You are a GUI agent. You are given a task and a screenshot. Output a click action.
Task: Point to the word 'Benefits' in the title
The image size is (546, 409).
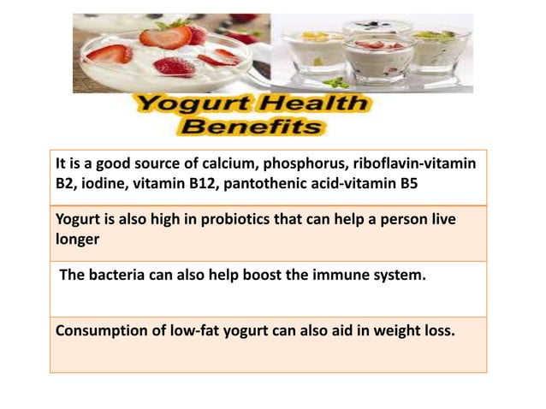click(x=253, y=128)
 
